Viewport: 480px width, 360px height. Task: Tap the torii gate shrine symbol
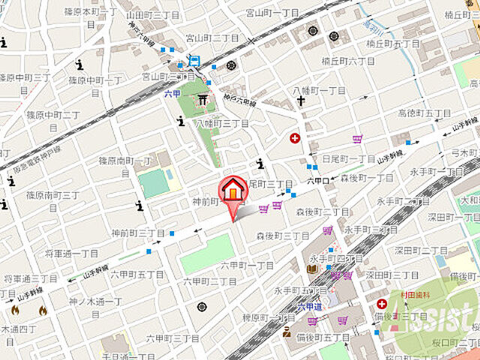[x=202, y=100]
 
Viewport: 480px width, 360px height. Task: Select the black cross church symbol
[x=300, y=101]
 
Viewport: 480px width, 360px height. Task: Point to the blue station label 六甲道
[x=308, y=306]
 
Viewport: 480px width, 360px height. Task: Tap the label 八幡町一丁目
[x=319, y=90]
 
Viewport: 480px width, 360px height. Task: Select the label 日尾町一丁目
[x=349, y=158]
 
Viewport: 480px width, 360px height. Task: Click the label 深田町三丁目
[x=393, y=275]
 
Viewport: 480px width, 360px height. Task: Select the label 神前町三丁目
[x=138, y=233]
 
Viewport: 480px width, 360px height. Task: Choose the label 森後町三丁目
[x=283, y=235]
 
